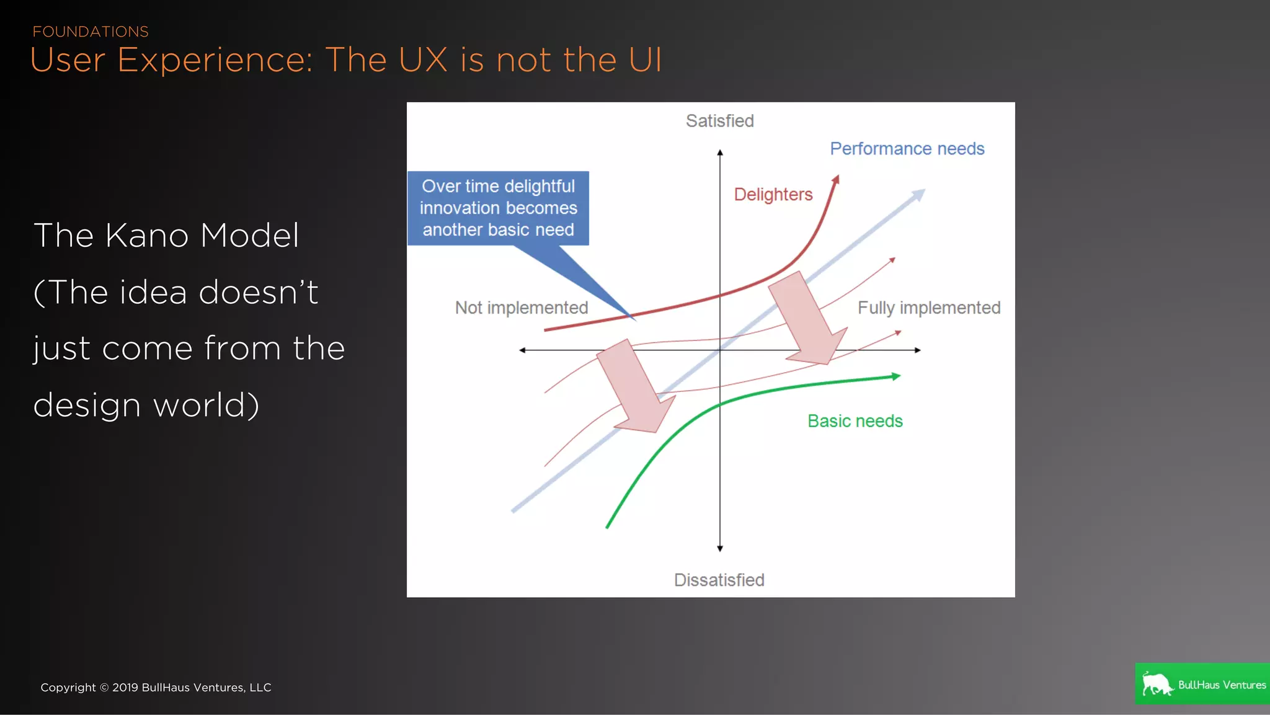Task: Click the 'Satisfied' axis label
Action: pyautogui.click(x=719, y=121)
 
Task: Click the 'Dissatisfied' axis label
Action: pyautogui.click(x=719, y=580)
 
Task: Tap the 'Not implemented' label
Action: pyautogui.click(x=521, y=308)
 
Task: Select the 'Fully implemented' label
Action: pyautogui.click(x=928, y=308)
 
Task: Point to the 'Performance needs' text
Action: pyautogui.click(x=907, y=149)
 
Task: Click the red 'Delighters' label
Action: pyautogui.click(x=773, y=195)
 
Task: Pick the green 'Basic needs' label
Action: pyautogui.click(x=855, y=421)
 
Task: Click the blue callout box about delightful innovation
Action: pyautogui.click(x=498, y=208)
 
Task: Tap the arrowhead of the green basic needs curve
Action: pyautogui.click(x=895, y=376)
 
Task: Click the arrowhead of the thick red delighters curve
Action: pyautogui.click(x=836, y=179)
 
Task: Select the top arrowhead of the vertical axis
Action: pyautogui.click(x=719, y=152)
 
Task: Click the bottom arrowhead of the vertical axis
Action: pyautogui.click(x=719, y=548)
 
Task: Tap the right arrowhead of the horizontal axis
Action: pyautogui.click(x=918, y=350)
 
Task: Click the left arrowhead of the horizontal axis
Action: pyautogui.click(x=522, y=350)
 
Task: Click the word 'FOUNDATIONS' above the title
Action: pyautogui.click(x=91, y=32)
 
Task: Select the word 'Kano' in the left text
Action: pyautogui.click(x=147, y=236)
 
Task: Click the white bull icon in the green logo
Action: pyautogui.click(x=1157, y=684)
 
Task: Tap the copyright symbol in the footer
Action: pyautogui.click(x=104, y=688)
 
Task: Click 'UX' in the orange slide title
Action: pyautogui.click(x=423, y=60)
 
